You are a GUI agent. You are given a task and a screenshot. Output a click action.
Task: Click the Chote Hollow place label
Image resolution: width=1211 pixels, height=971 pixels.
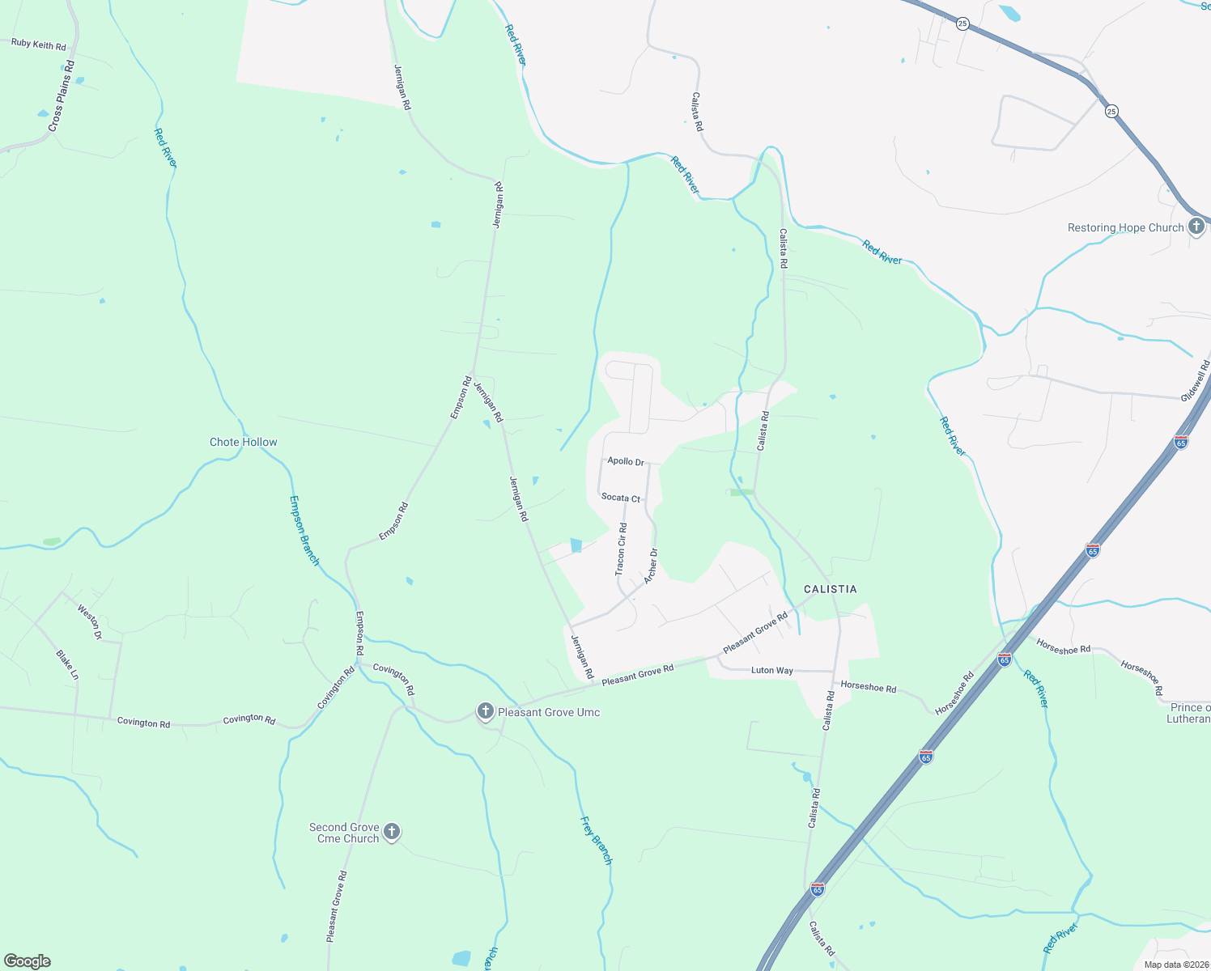coord(243,442)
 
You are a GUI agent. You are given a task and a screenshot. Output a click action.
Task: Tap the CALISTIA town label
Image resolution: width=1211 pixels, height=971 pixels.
coord(830,589)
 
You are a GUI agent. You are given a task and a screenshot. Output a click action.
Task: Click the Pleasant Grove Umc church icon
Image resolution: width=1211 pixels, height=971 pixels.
coord(485,711)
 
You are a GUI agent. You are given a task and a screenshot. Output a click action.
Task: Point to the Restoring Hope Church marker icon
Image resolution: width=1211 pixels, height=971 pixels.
coord(1196,227)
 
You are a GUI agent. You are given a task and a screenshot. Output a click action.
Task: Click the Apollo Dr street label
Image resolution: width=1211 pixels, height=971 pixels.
coord(626,461)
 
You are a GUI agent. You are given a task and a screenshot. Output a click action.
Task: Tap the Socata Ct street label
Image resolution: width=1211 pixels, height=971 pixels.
coord(621,498)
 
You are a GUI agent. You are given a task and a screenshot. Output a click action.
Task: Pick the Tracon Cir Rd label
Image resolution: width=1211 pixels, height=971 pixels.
coord(622,549)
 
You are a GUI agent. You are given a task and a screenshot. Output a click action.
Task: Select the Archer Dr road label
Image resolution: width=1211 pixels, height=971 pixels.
coord(651,566)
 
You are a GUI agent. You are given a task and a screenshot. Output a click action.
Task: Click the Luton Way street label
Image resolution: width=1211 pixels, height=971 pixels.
coord(772,670)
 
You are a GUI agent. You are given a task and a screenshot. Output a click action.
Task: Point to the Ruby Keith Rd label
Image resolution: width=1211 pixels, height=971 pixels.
coord(38,45)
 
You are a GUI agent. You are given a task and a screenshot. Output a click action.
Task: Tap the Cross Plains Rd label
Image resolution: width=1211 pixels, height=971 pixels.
coord(61,96)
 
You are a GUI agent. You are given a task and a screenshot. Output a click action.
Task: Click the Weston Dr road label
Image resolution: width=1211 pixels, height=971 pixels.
coord(90,621)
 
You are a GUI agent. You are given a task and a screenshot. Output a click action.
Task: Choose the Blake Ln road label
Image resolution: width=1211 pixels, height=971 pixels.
coord(67,664)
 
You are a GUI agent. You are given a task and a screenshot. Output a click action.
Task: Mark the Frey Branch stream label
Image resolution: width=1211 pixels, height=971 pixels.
coord(597,841)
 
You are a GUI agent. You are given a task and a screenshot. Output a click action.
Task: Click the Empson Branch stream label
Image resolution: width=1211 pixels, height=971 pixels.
coord(304,530)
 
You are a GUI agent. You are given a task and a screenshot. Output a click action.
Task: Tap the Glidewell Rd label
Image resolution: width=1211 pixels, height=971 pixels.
coord(1195,381)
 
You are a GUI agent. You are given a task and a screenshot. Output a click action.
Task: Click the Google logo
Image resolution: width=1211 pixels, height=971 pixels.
coord(28,961)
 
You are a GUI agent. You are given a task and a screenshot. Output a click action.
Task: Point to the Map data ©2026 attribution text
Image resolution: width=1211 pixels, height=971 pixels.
coord(1176,965)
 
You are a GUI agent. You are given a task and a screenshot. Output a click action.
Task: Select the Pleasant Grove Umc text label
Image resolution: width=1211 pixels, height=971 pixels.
coord(549,712)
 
